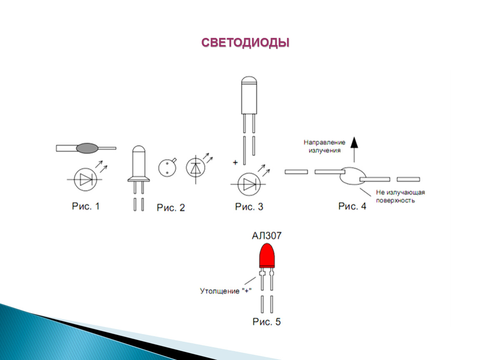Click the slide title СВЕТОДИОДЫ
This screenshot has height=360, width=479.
tap(245, 42)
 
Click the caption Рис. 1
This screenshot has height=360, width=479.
tap(86, 206)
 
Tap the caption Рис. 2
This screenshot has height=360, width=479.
tap(171, 208)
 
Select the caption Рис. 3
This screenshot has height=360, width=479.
tap(249, 207)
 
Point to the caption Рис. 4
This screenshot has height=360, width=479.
tap(352, 206)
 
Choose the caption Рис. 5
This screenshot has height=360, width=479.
tap(267, 322)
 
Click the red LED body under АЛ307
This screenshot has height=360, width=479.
tap(267, 255)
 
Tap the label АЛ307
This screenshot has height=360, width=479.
tap(267, 235)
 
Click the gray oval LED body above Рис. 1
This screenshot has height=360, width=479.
tap(87, 148)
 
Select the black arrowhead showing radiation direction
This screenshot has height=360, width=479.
tap(354, 142)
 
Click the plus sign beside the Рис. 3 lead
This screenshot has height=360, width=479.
tap(235, 162)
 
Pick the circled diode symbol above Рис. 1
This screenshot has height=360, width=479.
tap(85, 180)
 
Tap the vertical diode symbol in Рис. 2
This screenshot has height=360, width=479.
tap(195, 167)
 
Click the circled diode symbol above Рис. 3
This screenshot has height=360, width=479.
tap(249, 184)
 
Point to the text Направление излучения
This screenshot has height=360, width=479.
tap(324, 146)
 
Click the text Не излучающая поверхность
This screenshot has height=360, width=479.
tap(400, 196)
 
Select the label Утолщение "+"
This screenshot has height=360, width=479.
tap(226, 291)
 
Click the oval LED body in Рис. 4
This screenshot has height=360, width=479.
tap(352, 176)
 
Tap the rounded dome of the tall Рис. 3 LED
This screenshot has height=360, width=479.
tap(249, 80)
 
